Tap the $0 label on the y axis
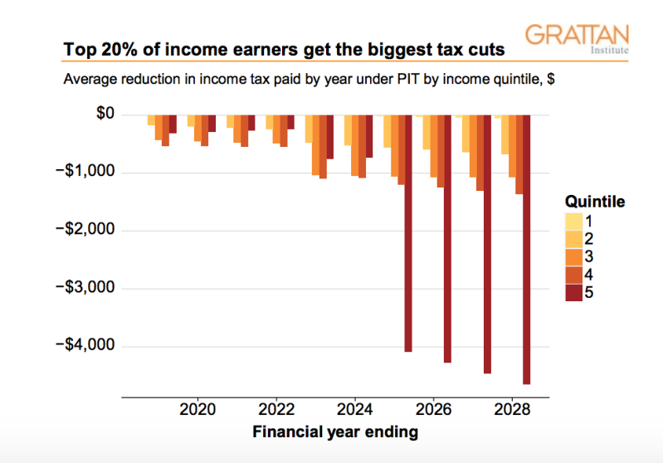107,115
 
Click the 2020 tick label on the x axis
197,410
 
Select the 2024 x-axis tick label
355,410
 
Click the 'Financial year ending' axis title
335,431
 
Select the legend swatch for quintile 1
574,222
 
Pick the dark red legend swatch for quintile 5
574,293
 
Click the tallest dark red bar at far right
526,249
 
